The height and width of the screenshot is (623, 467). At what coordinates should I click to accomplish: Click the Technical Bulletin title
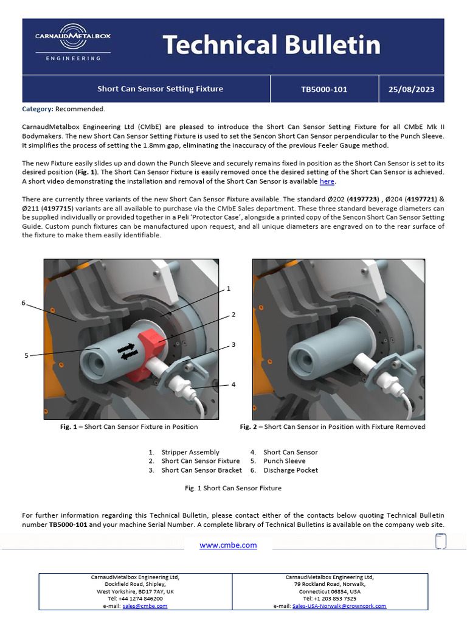(x=271, y=45)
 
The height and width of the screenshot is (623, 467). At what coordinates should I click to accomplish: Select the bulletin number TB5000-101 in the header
(x=324, y=89)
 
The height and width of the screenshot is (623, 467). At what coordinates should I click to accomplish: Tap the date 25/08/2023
(x=411, y=89)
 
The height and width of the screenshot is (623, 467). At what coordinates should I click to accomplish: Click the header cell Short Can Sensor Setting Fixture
(x=161, y=89)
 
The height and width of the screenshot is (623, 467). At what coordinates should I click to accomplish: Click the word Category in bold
(x=37, y=109)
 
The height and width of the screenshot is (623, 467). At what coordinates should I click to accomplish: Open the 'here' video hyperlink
(x=327, y=181)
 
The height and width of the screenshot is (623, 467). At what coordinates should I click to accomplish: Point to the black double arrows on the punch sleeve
(x=126, y=352)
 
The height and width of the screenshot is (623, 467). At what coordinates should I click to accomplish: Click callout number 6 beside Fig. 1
(x=24, y=302)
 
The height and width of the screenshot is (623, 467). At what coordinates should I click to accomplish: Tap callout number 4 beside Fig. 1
(x=233, y=385)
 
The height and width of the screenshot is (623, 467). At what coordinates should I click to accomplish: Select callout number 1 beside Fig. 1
(x=229, y=288)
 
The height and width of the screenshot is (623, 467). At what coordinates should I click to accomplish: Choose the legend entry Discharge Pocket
(x=290, y=470)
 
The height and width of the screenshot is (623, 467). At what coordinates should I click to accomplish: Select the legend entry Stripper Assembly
(x=190, y=452)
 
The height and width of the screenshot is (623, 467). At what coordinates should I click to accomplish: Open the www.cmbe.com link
(x=228, y=545)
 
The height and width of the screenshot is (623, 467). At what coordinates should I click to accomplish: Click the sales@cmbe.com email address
(x=145, y=606)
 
